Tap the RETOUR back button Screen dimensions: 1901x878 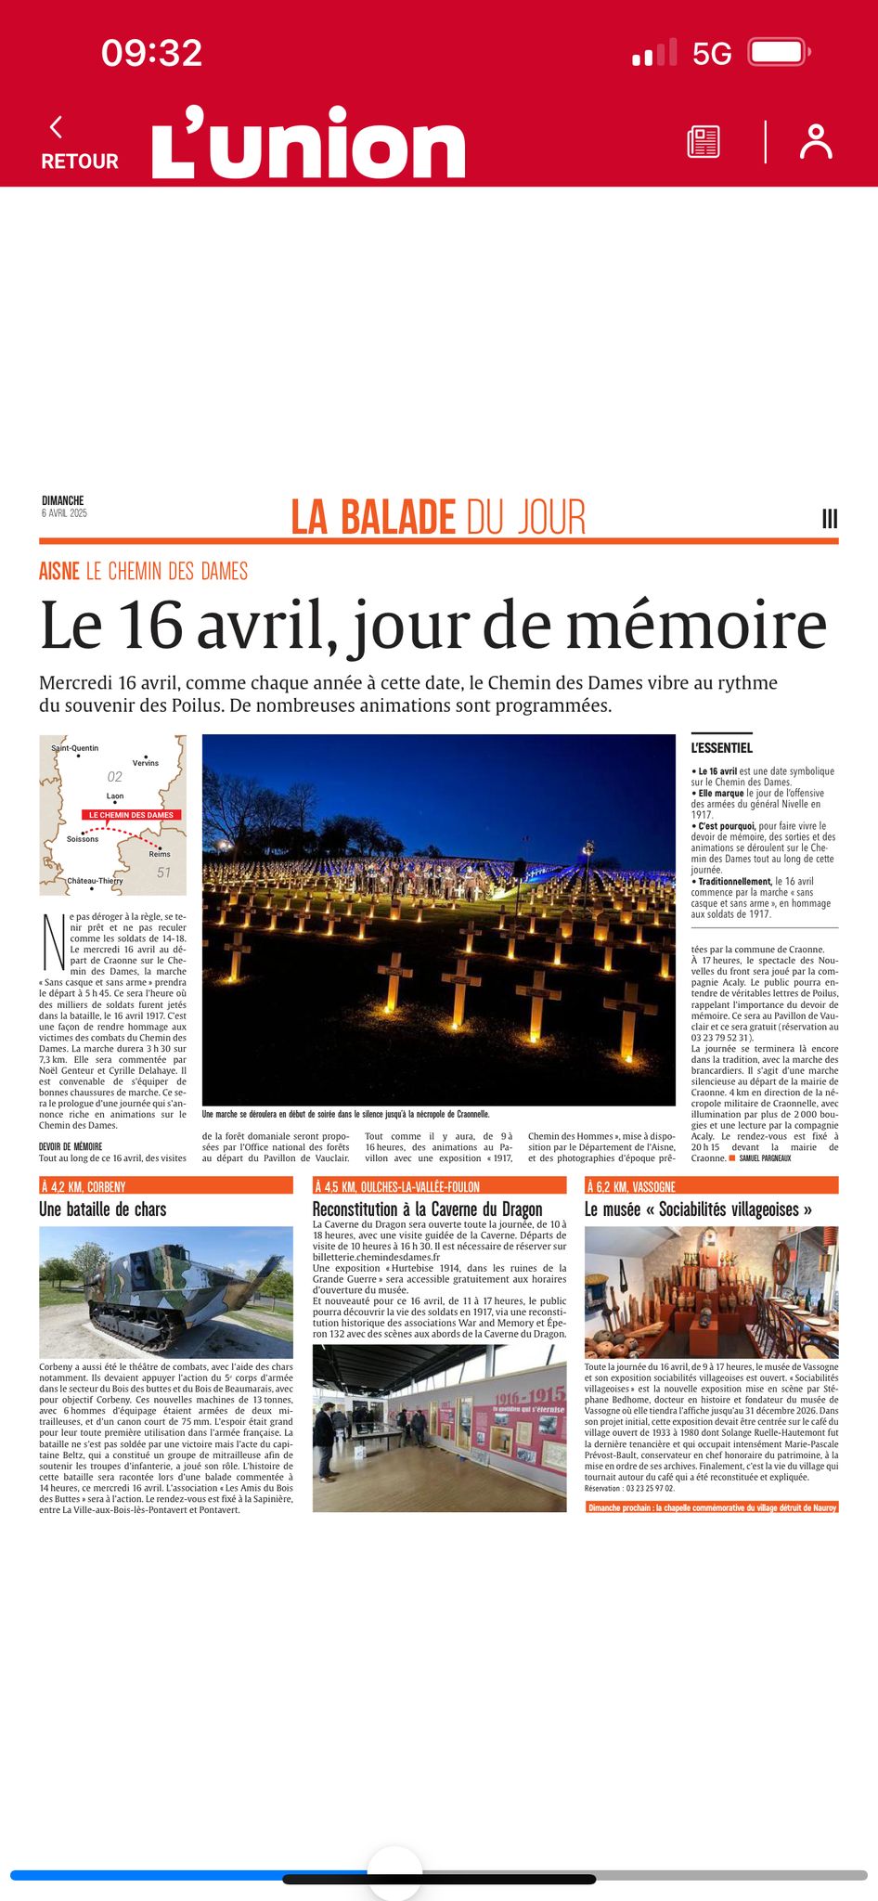click(79, 144)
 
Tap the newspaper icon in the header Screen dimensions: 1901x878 click(703, 142)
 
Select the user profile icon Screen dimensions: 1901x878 click(816, 142)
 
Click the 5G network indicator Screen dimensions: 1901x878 click(712, 54)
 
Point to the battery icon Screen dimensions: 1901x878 click(779, 52)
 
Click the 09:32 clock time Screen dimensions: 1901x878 click(152, 53)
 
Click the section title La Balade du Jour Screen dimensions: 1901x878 click(438, 517)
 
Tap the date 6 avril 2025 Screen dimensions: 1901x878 click(64, 513)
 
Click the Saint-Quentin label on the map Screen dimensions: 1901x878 click(74, 748)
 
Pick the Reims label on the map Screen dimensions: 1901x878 click(160, 854)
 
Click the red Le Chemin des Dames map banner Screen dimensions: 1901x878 click(131, 815)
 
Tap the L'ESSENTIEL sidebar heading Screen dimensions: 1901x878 click(721, 748)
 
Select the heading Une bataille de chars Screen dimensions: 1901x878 click(103, 1209)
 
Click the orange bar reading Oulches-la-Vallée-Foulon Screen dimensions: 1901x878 click(438, 1186)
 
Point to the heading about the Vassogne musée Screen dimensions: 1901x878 click(698, 1209)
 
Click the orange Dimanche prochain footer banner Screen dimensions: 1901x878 click(712, 1507)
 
